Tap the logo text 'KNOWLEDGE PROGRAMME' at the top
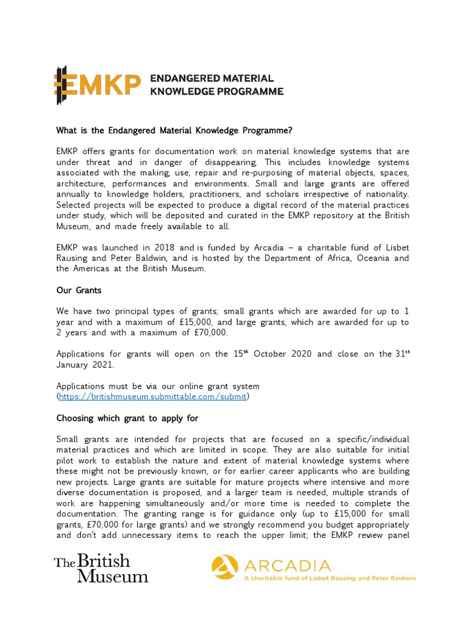pos(217,92)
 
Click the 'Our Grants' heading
pos(79,290)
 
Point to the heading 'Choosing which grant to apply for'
pos(127,418)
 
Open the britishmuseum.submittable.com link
pos(153,397)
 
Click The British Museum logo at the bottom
pos(101,568)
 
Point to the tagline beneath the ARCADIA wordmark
pos(329,579)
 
